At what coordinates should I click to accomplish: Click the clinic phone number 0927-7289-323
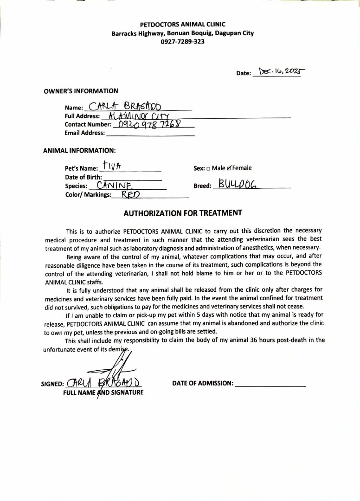pyautogui.click(x=182, y=42)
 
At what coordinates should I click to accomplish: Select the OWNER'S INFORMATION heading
pyautogui.click(x=81, y=91)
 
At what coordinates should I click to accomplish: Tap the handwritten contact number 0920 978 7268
pyautogui.click(x=149, y=124)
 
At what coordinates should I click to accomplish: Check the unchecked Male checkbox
pyautogui.click(x=208, y=168)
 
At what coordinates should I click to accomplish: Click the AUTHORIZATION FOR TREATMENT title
pyautogui.click(x=183, y=213)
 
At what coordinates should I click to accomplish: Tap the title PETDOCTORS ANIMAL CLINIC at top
pyautogui.click(x=182, y=24)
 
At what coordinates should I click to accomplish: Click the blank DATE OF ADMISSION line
pyautogui.click(x=270, y=384)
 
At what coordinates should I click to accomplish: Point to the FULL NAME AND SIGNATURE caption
pyautogui.click(x=103, y=392)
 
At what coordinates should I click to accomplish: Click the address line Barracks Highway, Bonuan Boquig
pyautogui.click(x=182, y=33)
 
